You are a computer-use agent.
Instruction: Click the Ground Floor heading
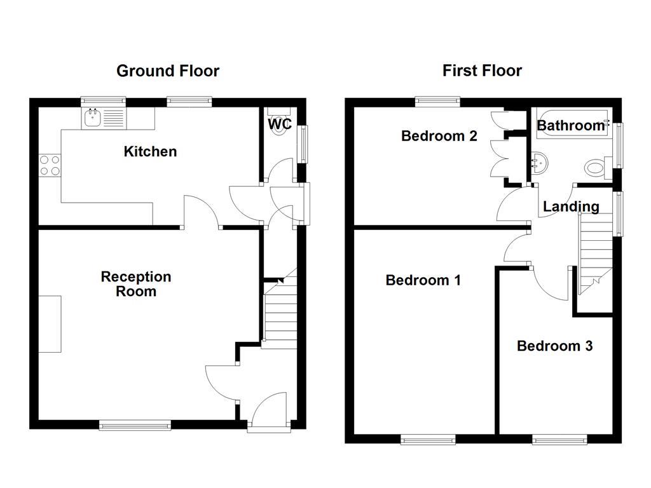point(167,71)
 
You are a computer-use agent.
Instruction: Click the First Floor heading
point(482,70)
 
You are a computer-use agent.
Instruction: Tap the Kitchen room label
point(150,151)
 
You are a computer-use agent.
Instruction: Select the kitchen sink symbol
point(93,116)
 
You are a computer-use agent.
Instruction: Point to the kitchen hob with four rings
point(50,165)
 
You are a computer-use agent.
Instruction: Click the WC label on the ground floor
point(280,124)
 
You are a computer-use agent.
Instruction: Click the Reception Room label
point(136,284)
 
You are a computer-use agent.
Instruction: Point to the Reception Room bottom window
point(135,426)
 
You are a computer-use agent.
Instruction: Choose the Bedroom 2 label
point(439,136)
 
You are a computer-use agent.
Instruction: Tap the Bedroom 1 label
point(423,280)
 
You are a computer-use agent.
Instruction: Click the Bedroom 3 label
point(554,346)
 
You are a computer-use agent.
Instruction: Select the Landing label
point(570,207)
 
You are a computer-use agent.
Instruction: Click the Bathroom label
point(570,125)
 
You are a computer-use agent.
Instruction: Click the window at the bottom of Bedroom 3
point(559,439)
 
